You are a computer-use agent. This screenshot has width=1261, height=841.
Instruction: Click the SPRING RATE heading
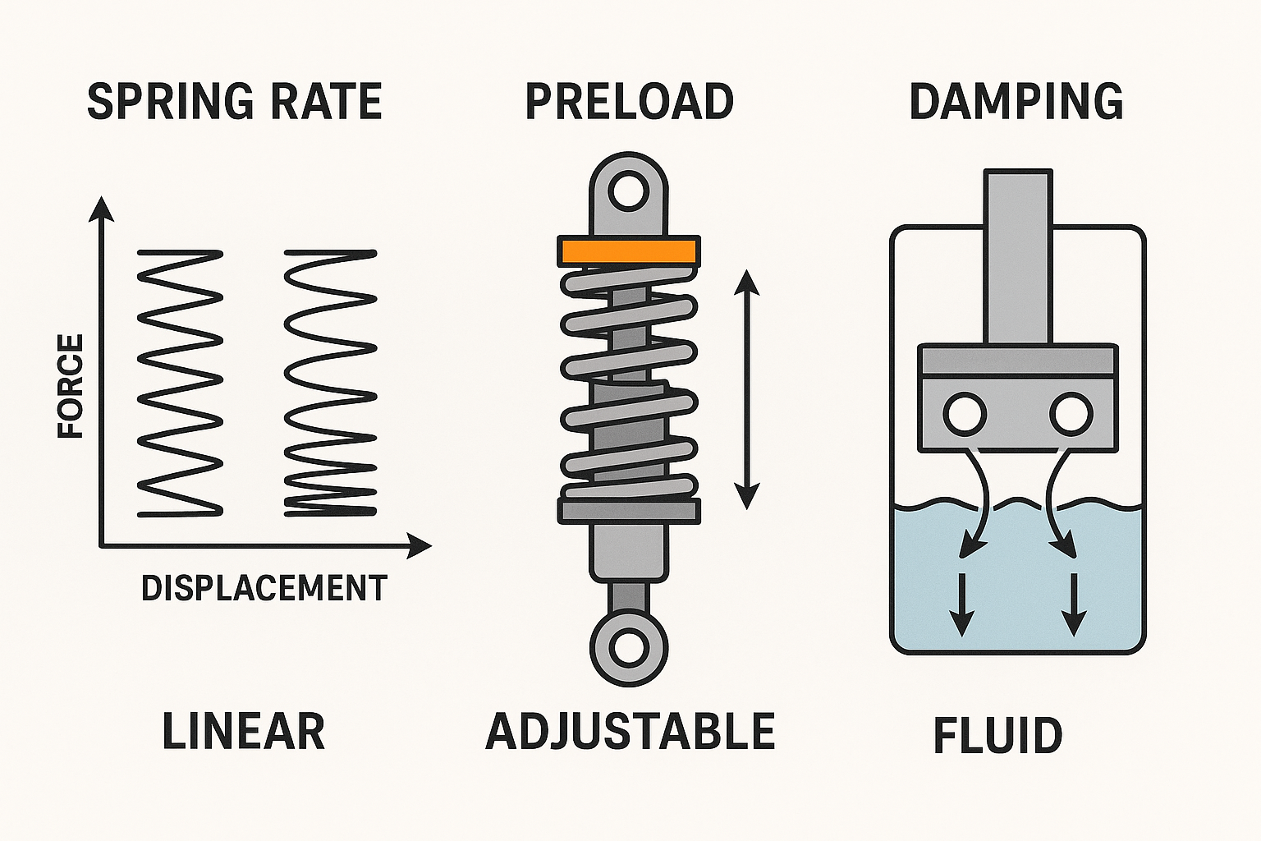pyautogui.click(x=234, y=102)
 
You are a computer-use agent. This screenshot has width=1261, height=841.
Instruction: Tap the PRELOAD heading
pyautogui.click(x=629, y=102)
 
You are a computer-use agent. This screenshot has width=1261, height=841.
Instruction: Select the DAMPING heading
pyautogui.click(x=1016, y=102)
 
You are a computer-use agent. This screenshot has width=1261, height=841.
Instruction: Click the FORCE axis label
pyautogui.click(x=71, y=385)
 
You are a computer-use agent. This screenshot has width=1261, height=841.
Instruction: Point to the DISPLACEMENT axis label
pyautogui.click(x=264, y=588)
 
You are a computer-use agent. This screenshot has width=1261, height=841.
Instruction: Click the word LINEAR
pyautogui.click(x=243, y=732)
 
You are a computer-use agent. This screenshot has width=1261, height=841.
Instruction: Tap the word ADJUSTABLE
pyautogui.click(x=630, y=732)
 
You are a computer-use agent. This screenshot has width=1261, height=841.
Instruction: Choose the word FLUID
pyautogui.click(x=997, y=736)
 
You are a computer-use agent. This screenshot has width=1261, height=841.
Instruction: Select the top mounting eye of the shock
pyautogui.click(x=629, y=190)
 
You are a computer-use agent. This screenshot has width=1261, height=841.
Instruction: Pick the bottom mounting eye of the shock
pyautogui.click(x=629, y=647)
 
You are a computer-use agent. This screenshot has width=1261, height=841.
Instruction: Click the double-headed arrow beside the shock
pyautogui.click(x=746, y=389)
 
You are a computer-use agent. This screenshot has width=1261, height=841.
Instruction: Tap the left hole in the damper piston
pyautogui.click(x=965, y=413)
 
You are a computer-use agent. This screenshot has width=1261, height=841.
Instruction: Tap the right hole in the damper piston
pyautogui.click(x=1071, y=413)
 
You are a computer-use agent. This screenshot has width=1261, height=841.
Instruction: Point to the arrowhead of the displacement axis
pyautogui.click(x=420, y=545)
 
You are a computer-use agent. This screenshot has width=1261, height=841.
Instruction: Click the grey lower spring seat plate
pyautogui.click(x=629, y=511)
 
